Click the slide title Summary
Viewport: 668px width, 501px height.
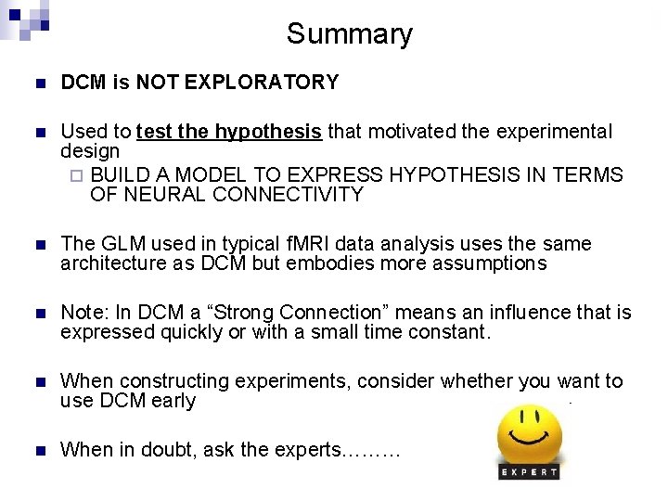(349, 34)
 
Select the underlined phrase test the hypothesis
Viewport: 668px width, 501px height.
(229, 132)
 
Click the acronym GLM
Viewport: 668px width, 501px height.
(122, 244)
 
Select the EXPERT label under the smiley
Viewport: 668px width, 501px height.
(530, 472)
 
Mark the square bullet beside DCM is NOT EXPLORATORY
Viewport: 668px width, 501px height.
(37, 83)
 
